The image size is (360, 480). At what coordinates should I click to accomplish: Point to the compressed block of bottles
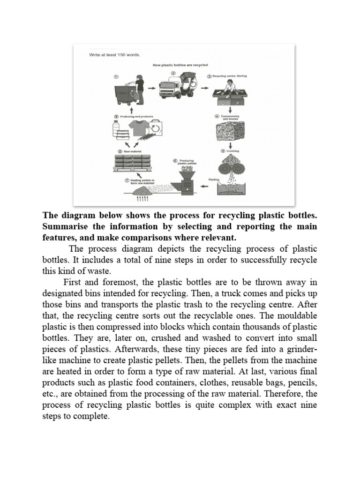coord(230,133)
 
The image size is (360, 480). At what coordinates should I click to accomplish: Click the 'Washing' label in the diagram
coord(214,180)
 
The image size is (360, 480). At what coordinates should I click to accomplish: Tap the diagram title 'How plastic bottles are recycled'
coord(180,65)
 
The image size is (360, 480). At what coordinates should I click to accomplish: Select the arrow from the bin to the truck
coord(151,87)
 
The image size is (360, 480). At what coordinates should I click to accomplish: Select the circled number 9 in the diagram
coord(115,116)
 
